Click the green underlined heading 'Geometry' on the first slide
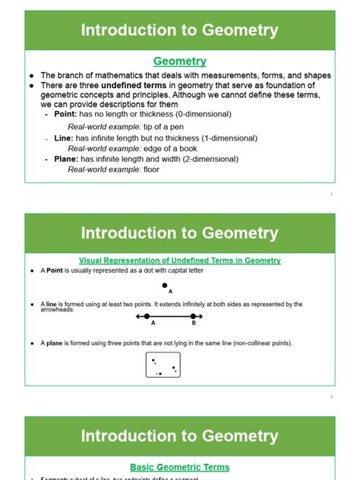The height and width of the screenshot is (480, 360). click(x=180, y=62)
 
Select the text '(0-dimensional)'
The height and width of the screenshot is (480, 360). click(x=201, y=114)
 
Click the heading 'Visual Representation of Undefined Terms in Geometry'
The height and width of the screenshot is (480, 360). click(x=180, y=261)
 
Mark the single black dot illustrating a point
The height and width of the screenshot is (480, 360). click(x=165, y=286)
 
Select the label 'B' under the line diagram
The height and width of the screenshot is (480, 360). click(x=194, y=324)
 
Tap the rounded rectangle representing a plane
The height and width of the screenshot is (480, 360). click(x=163, y=365)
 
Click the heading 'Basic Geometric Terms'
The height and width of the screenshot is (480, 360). click(x=180, y=467)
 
